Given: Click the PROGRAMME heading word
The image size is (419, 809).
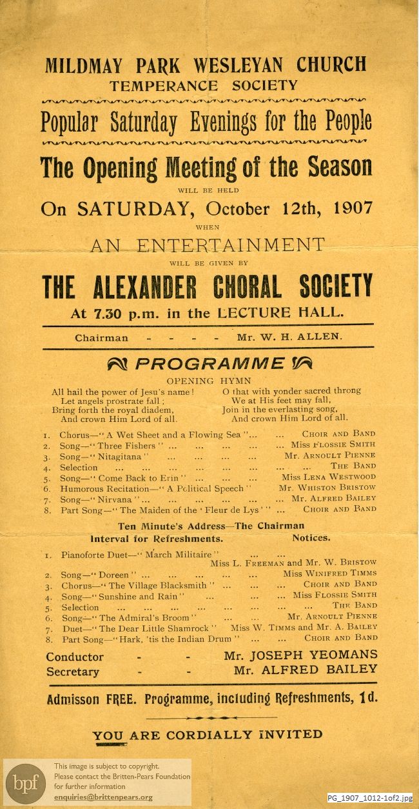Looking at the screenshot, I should point(210,364).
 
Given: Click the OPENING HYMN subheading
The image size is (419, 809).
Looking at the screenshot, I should point(209,381).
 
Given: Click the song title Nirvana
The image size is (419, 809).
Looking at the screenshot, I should point(118,499).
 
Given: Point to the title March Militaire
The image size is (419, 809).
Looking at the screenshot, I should point(184,554).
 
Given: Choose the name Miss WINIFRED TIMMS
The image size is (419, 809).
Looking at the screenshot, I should point(329,574).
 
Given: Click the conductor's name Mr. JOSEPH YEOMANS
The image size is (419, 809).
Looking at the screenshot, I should point(300,655).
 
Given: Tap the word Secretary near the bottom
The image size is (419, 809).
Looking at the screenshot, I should point(73,672).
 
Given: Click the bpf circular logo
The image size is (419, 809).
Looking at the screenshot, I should point(26,783).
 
